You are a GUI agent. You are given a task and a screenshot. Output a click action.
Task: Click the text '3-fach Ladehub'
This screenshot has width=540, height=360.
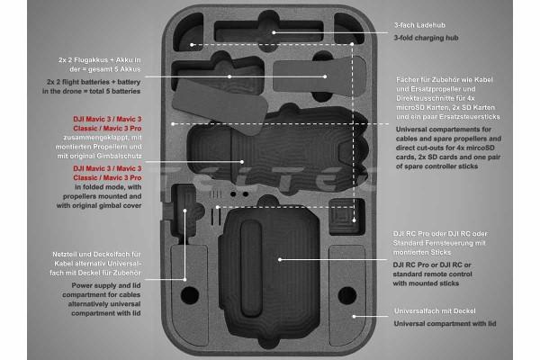[x=419, y=25]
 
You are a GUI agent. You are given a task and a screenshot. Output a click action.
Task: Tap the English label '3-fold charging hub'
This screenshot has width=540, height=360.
[x=426, y=38]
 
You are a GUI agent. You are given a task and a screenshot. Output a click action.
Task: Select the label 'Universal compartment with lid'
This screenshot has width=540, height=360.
[x=445, y=324]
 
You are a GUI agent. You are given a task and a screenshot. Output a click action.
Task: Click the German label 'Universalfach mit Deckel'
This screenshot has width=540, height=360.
[x=435, y=311]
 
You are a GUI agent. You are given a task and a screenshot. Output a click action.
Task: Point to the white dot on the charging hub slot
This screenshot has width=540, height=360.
[x=274, y=32]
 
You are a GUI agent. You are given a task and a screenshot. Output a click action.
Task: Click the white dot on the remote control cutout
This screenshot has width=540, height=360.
[x=280, y=259]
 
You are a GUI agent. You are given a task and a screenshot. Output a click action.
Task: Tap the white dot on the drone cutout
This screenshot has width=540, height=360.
[x=242, y=162]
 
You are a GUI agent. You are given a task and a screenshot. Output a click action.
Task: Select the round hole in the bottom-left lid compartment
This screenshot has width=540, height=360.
[x=190, y=295]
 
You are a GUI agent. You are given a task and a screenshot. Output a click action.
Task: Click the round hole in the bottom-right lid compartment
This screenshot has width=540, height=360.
[x=347, y=295]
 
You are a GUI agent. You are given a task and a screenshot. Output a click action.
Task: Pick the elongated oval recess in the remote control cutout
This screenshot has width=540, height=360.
[x=251, y=269]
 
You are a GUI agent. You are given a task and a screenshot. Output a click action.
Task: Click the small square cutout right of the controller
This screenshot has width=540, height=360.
[x=346, y=217]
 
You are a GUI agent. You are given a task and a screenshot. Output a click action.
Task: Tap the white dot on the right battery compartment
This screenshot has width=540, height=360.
[x=325, y=76]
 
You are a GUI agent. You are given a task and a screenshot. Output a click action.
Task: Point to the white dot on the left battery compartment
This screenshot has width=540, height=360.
[x=229, y=76]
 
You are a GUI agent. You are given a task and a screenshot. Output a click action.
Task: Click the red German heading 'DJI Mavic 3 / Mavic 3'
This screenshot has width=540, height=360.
[x=107, y=119]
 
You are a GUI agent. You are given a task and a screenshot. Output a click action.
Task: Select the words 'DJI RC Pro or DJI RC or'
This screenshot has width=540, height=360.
[x=432, y=265]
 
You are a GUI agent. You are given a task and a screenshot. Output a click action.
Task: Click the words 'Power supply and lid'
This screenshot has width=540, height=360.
[x=106, y=285]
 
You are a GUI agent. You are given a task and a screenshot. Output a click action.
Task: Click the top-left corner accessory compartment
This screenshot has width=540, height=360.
[x=188, y=32]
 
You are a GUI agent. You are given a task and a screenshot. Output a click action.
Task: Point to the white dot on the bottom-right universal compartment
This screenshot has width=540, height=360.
[x=354, y=316]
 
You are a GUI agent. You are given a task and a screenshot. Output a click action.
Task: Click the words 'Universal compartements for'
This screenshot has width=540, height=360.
[x=444, y=130]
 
